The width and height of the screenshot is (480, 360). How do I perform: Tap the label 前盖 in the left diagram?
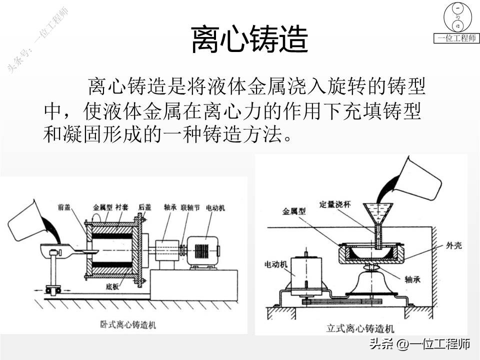(x=63, y=206)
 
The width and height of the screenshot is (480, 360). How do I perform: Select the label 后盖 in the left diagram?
(x=144, y=206)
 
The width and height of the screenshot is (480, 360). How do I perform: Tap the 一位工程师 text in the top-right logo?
(x=456, y=38)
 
